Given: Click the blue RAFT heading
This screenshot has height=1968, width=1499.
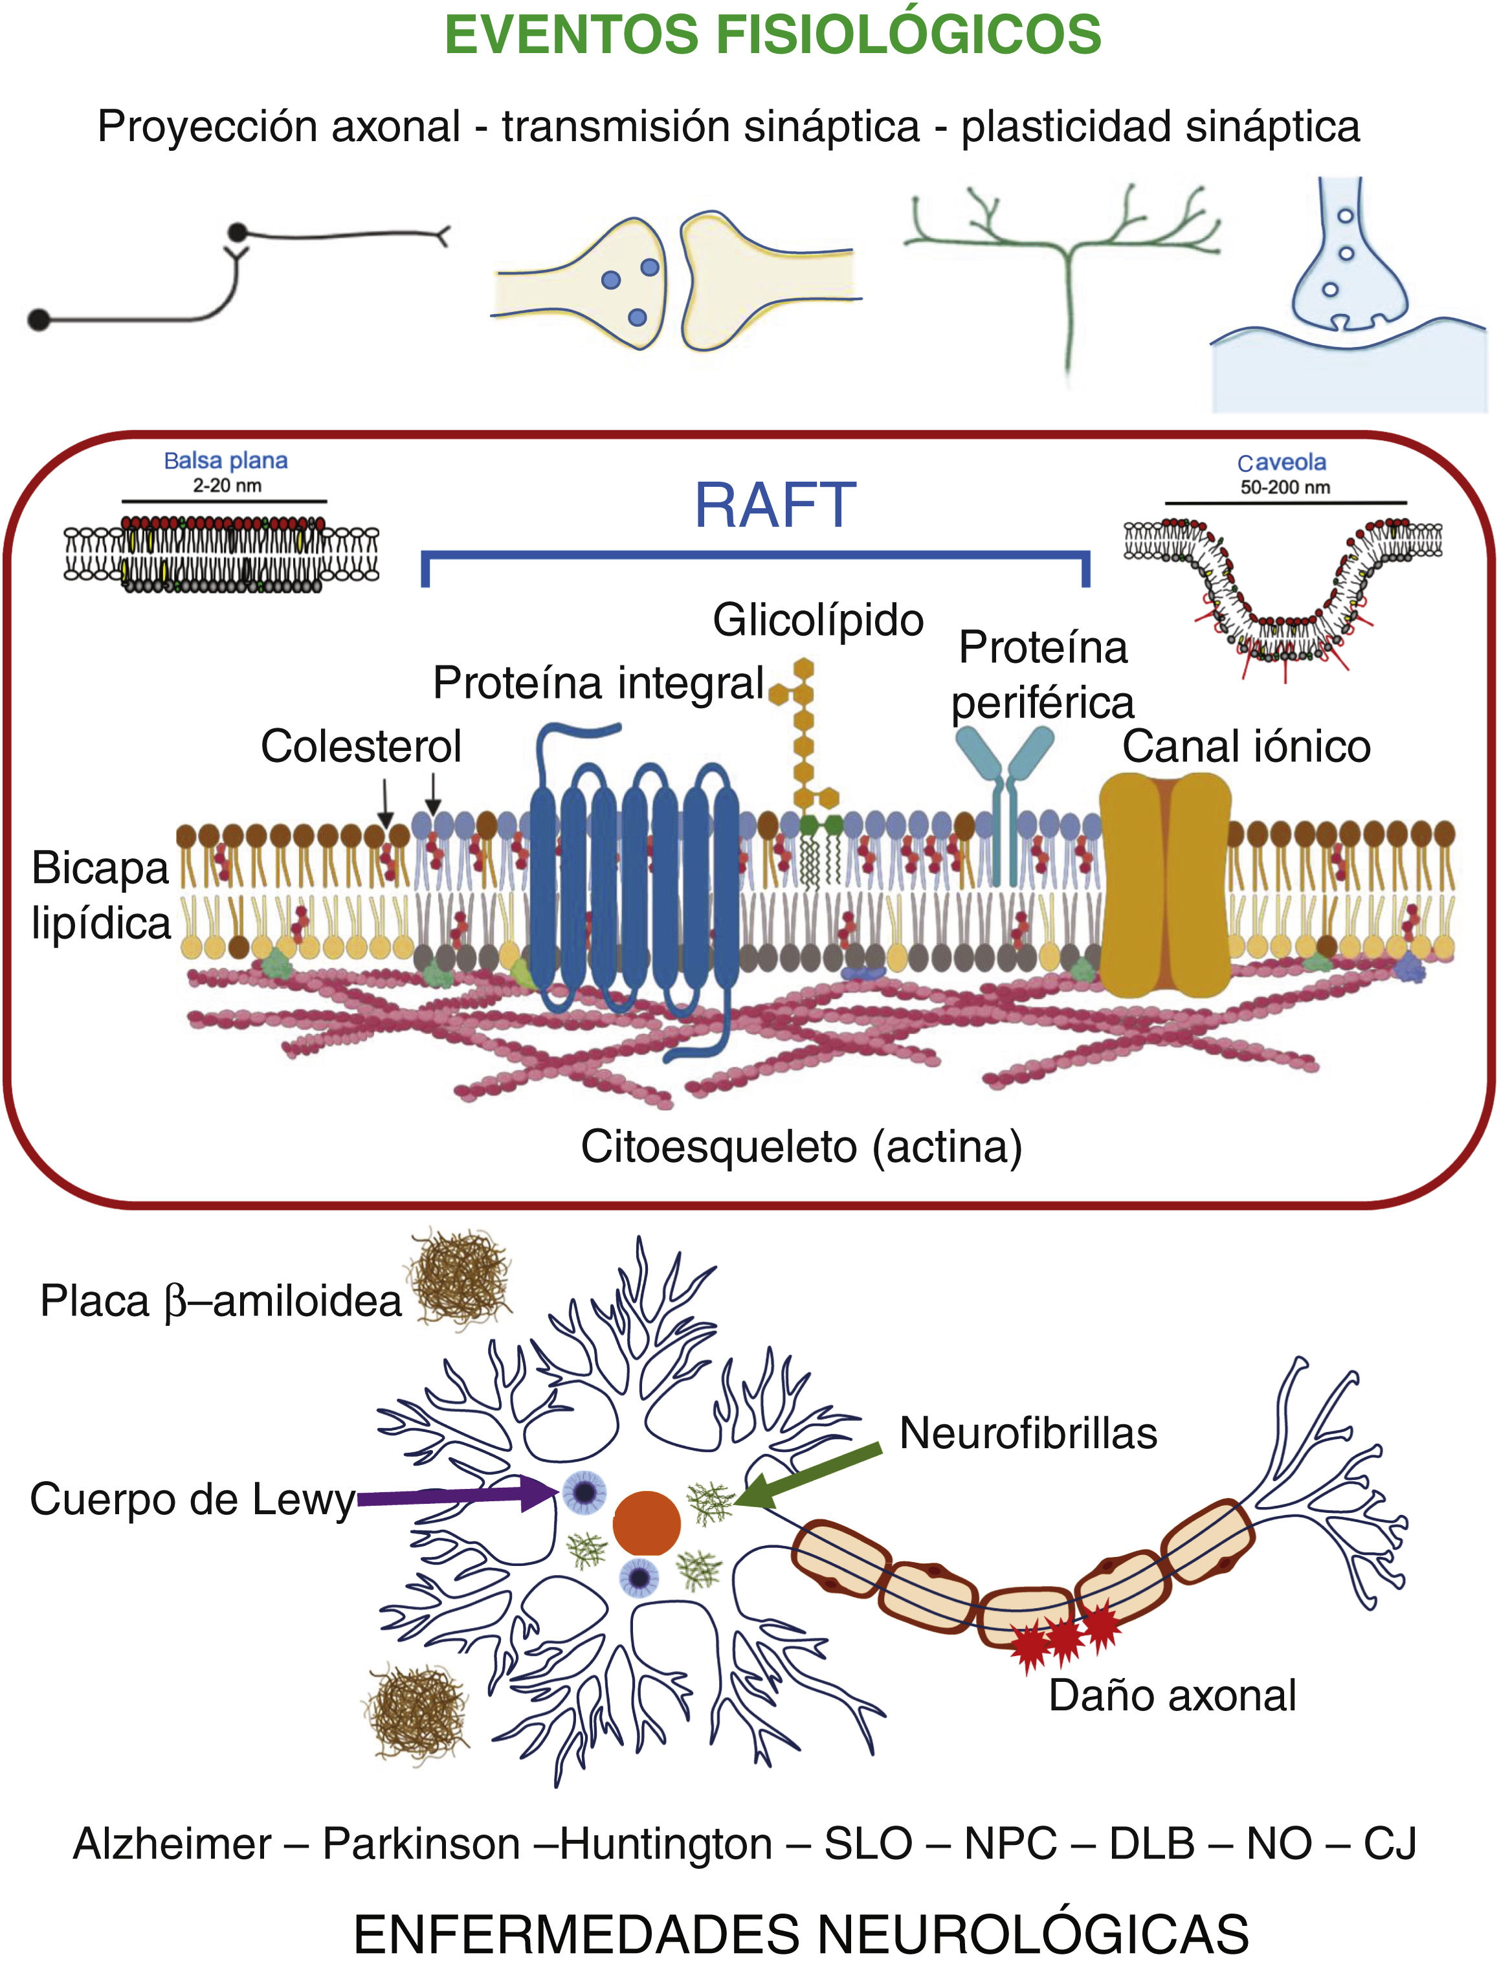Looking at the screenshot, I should click(775, 506).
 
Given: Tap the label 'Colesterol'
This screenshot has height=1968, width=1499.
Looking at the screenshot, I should click(361, 746).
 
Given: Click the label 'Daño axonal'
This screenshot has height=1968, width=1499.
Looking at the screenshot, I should click(1171, 1695).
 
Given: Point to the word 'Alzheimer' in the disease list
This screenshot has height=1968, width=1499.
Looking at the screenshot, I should click(172, 1843).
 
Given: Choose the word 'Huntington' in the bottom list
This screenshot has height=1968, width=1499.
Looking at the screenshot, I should click(665, 1843).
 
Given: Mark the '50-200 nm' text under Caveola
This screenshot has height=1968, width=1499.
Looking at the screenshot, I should click(1284, 487).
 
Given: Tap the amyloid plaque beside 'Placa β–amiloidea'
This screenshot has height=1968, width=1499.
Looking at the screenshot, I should click(460, 1277).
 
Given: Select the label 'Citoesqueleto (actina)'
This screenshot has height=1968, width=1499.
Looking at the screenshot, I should click(801, 1147).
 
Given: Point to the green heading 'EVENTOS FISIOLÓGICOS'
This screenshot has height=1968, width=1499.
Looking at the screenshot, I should click(773, 35).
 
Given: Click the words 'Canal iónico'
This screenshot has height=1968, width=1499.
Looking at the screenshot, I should click(1245, 746).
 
